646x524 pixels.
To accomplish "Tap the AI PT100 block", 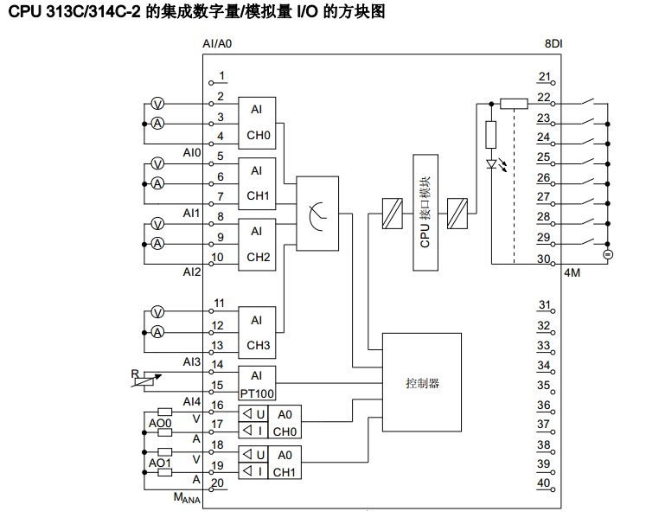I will tap(256, 381).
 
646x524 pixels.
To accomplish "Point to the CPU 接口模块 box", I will tap(425, 213).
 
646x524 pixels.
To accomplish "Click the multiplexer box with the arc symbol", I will tap(317, 211).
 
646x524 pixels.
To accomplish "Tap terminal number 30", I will tap(543, 259).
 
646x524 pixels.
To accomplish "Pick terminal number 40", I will tap(543, 482).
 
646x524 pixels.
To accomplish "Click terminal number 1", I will tap(221, 75).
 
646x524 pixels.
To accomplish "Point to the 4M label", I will tap(572, 273).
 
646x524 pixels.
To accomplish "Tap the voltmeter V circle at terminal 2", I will tap(157, 103).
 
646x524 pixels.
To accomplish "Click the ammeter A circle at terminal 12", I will tap(157, 332).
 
